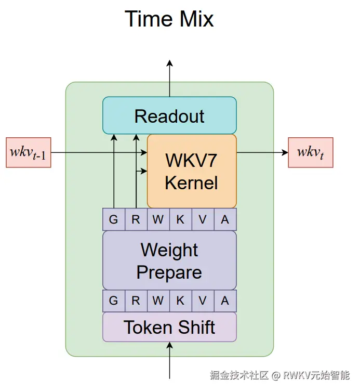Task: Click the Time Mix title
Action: [x=169, y=20]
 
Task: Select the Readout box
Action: [x=169, y=115]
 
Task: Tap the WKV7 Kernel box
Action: [x=192, y=171]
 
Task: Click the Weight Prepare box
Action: [x=169, y=260]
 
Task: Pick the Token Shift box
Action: [x=169, y=327]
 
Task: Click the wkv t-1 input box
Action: [x=29, y=152]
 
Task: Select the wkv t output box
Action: [x=311, y=152]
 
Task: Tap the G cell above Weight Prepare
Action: [x=113, y=219]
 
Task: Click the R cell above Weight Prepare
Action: [x=136, y=219]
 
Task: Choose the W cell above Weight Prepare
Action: [x=158, y=219]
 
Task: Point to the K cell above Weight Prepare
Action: [x=180, y=219]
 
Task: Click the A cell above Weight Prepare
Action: [x=225, y=219]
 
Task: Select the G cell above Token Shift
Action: [x=113, y=301]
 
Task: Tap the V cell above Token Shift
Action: [x=203, y=301]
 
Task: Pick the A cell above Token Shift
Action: [x=225, y=301]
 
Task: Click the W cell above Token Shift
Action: [x=158, y=301]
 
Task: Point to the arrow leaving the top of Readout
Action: [x=169, y=78]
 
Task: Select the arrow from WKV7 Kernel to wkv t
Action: [x=262, y=152]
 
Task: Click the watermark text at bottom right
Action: [x=279, y=375]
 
